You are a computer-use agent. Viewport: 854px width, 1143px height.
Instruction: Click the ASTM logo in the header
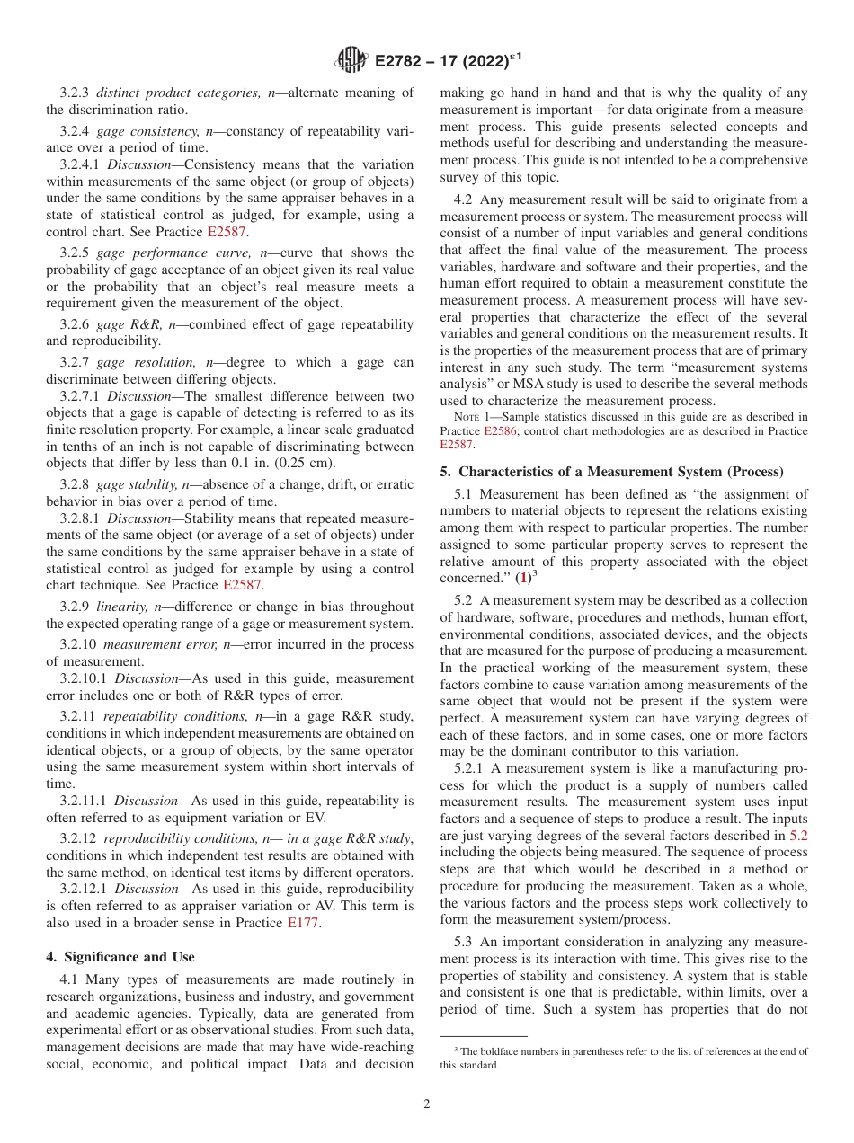click(351, 60)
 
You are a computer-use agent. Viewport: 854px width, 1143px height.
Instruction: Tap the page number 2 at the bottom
click(427, 1104)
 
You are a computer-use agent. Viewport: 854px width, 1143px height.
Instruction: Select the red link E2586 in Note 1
click(501, 430)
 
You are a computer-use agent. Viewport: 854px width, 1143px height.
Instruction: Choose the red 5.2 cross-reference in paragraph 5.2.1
click(797, 835)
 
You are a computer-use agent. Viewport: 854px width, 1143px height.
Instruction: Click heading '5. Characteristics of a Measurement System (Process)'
click(611, 472)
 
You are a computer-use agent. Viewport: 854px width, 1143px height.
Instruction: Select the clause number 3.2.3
click(76, 93)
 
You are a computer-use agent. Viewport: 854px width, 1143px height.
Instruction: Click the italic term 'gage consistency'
click(142, 131)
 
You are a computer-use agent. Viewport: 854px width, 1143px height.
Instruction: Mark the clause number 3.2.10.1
click(84, 680)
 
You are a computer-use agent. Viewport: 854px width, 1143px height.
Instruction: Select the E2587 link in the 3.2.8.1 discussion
click(242, 584)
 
